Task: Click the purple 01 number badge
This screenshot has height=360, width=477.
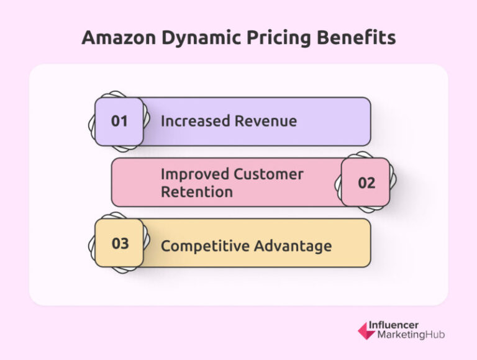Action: point(119,121)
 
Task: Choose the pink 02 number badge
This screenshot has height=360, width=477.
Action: point(366,182)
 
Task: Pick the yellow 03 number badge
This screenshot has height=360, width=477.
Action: point(119,243)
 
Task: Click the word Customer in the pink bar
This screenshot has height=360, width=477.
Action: point(269,174)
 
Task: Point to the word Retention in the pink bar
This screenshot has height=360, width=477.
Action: point(197,192)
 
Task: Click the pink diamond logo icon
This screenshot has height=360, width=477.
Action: point(366,330)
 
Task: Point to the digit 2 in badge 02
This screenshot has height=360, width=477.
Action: point(371,182)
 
